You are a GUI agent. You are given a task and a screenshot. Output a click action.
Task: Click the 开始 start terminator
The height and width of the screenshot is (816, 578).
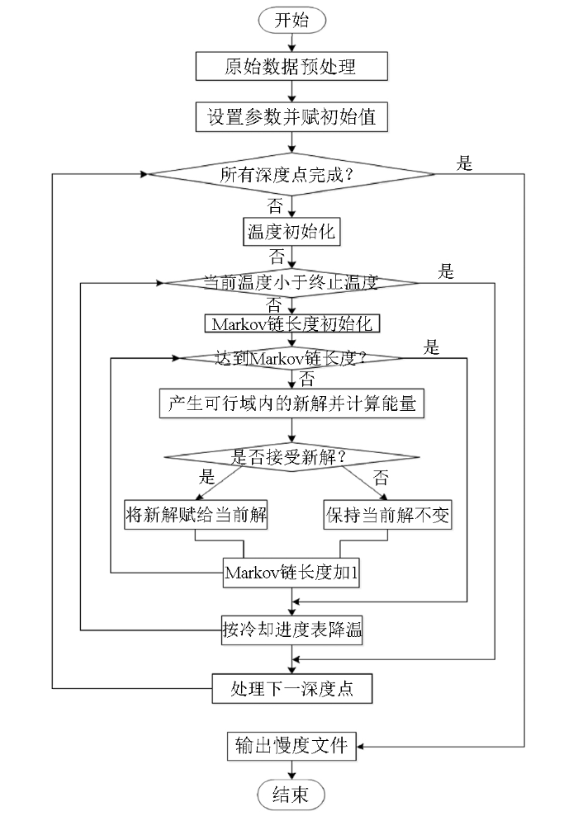click(291, 21)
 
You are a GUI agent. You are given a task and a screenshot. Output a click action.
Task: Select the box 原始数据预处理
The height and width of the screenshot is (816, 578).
click(291, 66)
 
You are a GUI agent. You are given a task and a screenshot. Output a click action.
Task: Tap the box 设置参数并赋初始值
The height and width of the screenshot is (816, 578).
click(291, 116)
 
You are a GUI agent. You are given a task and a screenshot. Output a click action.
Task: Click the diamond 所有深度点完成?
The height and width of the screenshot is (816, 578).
click(291, 174)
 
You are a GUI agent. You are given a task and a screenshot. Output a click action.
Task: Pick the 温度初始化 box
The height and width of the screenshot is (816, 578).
click(291, 232)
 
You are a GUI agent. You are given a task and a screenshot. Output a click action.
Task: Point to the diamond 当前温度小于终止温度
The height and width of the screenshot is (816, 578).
click(291, 282)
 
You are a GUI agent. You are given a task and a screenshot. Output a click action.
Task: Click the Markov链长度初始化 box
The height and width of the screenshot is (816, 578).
click(291, 323)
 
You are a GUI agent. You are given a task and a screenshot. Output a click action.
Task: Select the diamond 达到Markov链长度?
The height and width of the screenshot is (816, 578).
click(291, 358)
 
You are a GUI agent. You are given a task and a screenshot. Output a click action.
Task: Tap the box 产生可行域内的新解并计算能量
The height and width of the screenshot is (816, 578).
click(291, 403)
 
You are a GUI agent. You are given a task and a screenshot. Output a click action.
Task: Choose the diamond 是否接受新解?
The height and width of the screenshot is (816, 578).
click(291, 457)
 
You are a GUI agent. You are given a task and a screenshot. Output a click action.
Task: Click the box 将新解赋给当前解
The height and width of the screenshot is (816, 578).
click(196, 515)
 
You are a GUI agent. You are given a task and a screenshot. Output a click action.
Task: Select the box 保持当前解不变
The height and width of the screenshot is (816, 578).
click(387, 515)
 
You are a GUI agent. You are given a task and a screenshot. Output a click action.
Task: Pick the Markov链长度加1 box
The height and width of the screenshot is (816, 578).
click(291, 573)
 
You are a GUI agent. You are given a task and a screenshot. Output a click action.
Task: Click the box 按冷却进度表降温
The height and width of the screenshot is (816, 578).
click(291, 630)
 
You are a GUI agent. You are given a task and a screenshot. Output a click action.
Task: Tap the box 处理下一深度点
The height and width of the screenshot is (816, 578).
click(291, 688)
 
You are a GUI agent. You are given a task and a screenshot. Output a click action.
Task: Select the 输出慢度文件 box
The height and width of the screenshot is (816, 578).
click(291, 746)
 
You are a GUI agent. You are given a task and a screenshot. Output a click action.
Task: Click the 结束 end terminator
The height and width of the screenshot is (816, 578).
click(291, 795)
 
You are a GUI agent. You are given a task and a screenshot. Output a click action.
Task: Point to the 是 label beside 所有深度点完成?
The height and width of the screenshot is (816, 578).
click(464, 163)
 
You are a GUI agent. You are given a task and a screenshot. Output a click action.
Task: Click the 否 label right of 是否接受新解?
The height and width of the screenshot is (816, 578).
click(381, 477)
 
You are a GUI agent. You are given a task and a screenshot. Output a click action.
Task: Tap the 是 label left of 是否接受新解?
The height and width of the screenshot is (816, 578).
click(206, 476)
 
